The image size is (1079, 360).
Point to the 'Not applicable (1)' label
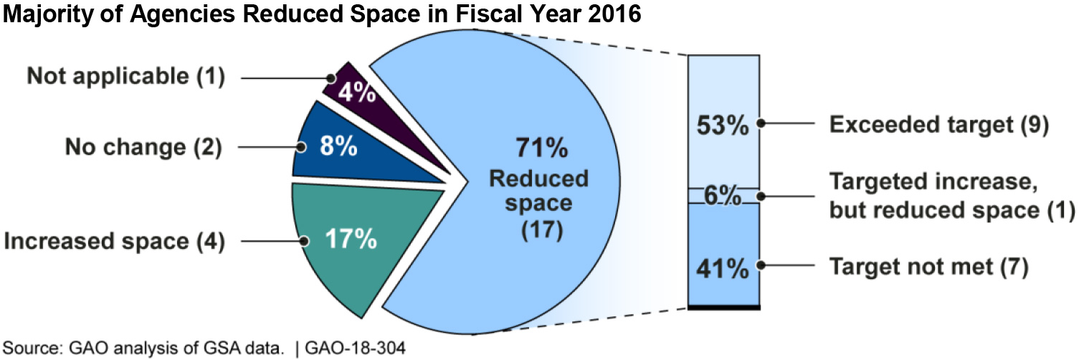[126, 77]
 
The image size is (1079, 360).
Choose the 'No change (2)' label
[143, 148]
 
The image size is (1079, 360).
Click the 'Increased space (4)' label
[115, 242]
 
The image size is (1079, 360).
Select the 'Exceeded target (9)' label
[939, 124]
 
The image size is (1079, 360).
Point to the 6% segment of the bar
[723, 196]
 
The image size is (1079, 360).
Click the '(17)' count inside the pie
[539, 231]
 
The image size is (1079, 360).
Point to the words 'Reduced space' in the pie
[539, 190]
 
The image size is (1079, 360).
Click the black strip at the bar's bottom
[723, 307]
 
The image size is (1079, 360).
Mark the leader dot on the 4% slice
[331, 77]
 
